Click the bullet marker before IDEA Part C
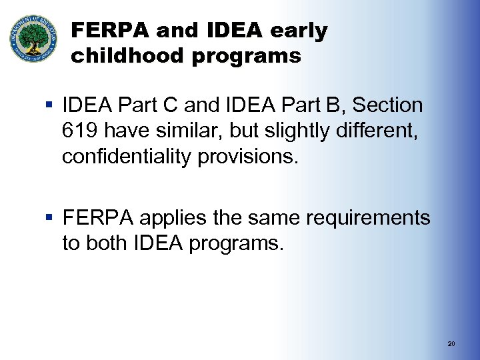coord(51,105)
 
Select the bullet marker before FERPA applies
coord(51,218)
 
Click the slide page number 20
coord(451,344)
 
